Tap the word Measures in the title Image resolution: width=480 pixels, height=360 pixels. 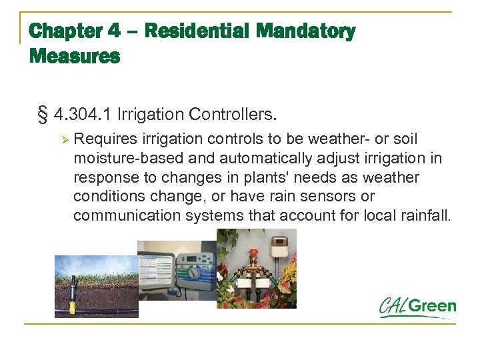pyautogui.click(x=75, y=57)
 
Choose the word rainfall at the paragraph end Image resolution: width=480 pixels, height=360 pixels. pyautogui.click(x=426, y=215)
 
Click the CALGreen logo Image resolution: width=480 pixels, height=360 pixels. pyautogui.click(x=418, y=307)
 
